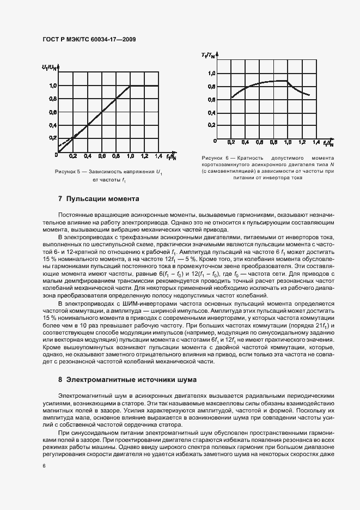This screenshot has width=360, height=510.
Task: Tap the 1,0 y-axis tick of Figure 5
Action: (x=53, y=86)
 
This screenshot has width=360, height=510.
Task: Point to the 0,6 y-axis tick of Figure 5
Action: (x=53, y=112)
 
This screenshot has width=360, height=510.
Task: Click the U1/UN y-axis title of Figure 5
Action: (x=48, y=67)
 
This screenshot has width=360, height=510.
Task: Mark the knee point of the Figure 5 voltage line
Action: (x=130, y=86)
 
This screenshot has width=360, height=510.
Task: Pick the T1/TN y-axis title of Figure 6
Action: (x=208, y=55)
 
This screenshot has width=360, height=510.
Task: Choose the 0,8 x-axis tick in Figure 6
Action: (x=273, y=142)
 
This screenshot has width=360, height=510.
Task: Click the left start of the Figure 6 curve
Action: (x=231, y=98)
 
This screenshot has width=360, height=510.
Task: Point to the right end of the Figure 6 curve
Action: (x=309, y=95)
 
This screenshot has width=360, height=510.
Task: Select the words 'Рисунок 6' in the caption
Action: (x=215, y=157)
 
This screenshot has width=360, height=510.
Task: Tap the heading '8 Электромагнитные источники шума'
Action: (x=127, y=379)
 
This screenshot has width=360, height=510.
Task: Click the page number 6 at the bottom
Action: (x=44, y=466)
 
